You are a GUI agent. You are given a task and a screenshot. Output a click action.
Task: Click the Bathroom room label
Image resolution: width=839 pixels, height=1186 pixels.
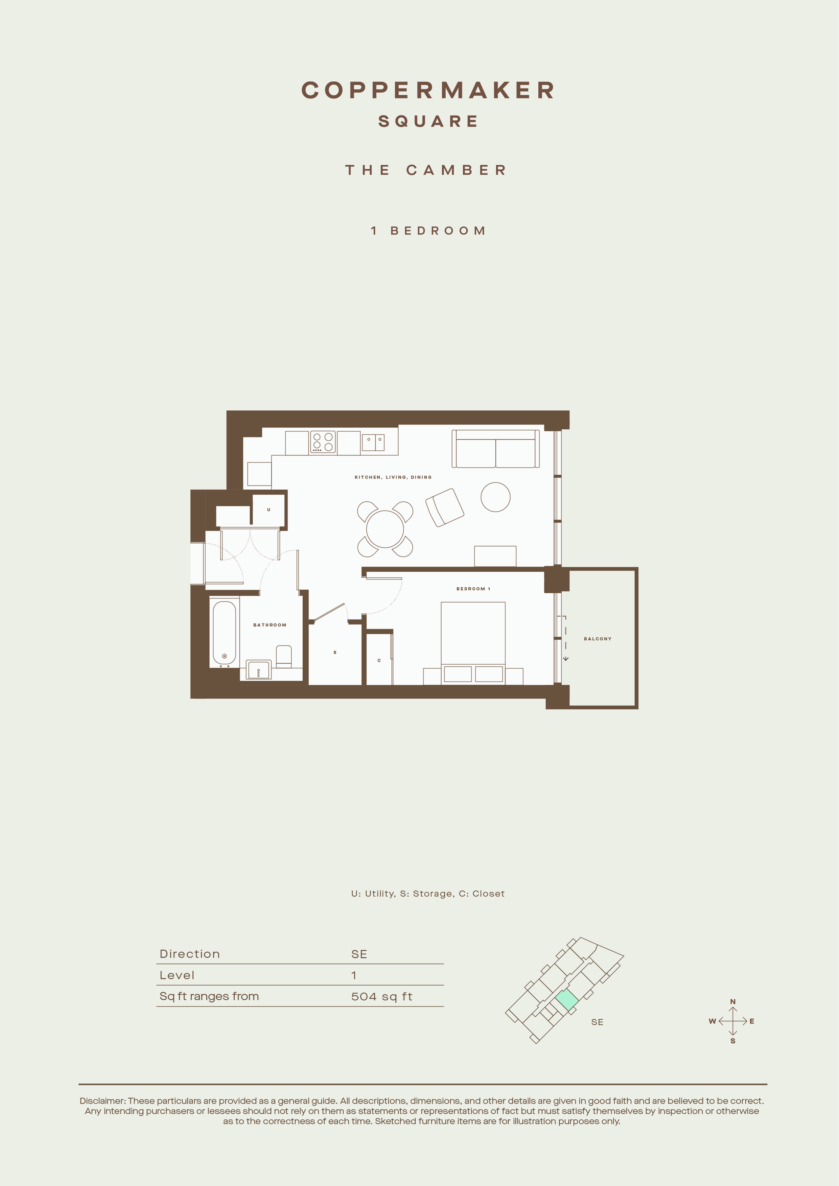coord(270,625)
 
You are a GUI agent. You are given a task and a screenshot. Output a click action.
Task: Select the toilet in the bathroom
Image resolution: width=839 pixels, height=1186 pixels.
coord(284,656)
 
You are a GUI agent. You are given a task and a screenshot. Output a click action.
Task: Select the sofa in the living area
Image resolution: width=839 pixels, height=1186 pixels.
coord(495,449)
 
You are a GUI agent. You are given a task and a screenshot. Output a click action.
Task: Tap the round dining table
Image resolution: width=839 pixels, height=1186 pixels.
coord(385,529)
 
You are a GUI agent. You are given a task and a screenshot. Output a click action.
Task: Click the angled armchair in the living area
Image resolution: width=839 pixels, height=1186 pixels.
coord(445,507)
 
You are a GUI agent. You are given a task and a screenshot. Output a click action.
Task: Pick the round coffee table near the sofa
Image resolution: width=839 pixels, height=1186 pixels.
coord(495,497)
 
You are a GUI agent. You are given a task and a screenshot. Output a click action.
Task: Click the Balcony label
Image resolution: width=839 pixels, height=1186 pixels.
coord(598,639)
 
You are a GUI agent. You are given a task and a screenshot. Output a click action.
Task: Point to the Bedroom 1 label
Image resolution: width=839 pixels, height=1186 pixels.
coord(473,589)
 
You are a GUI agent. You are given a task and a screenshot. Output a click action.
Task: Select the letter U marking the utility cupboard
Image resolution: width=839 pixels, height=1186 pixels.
coord(269,510)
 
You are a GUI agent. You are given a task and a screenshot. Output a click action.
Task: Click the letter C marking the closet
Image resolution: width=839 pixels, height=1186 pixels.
coord(379,661)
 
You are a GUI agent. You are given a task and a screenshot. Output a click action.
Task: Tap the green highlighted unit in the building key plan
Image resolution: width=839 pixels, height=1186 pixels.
coord(567,1000)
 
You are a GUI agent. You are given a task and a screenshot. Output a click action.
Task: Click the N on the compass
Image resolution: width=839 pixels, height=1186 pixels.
coord(732,1002)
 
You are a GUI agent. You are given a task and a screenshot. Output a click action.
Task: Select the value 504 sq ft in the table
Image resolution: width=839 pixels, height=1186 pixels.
coord(382,996)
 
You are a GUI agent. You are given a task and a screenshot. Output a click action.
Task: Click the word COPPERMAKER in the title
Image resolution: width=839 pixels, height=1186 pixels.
coord(428,90)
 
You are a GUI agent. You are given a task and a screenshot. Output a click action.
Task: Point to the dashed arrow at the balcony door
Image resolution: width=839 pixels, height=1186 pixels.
coord(566,638)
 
